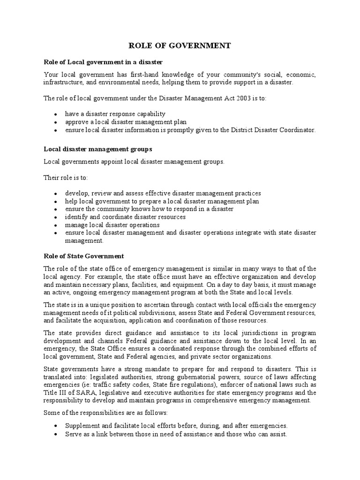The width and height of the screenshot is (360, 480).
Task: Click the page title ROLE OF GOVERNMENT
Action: [x=180, y=45]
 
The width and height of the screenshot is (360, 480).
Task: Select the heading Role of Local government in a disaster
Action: [x=103, y=62]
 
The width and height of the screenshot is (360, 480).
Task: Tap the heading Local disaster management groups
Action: [x=98, y=149]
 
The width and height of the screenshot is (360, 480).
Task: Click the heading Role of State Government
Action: [x=84, y=256]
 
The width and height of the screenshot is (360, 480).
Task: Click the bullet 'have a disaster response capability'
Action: [x=115, y=114]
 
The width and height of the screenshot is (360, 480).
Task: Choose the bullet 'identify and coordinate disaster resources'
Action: [x=125, y=217]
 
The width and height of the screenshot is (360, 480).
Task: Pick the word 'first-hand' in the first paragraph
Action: [x=145, y=75]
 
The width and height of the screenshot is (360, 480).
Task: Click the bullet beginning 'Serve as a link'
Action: [x=176, y=434]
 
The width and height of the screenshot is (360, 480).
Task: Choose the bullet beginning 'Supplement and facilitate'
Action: [x=176, y=426]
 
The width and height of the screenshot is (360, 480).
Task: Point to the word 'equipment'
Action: [x=194, y=284]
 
